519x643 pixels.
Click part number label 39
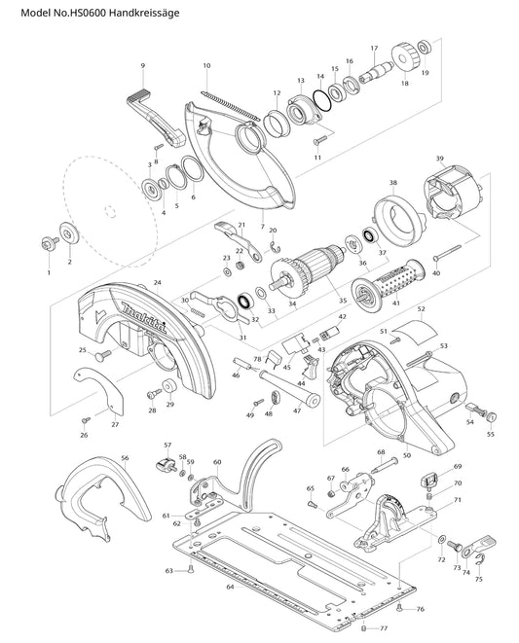[440, 159]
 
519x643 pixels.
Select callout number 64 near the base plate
[230, 587]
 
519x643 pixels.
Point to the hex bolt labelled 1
[49, 243]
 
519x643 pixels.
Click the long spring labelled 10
[231, 106]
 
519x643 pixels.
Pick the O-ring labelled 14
[322, 100]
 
